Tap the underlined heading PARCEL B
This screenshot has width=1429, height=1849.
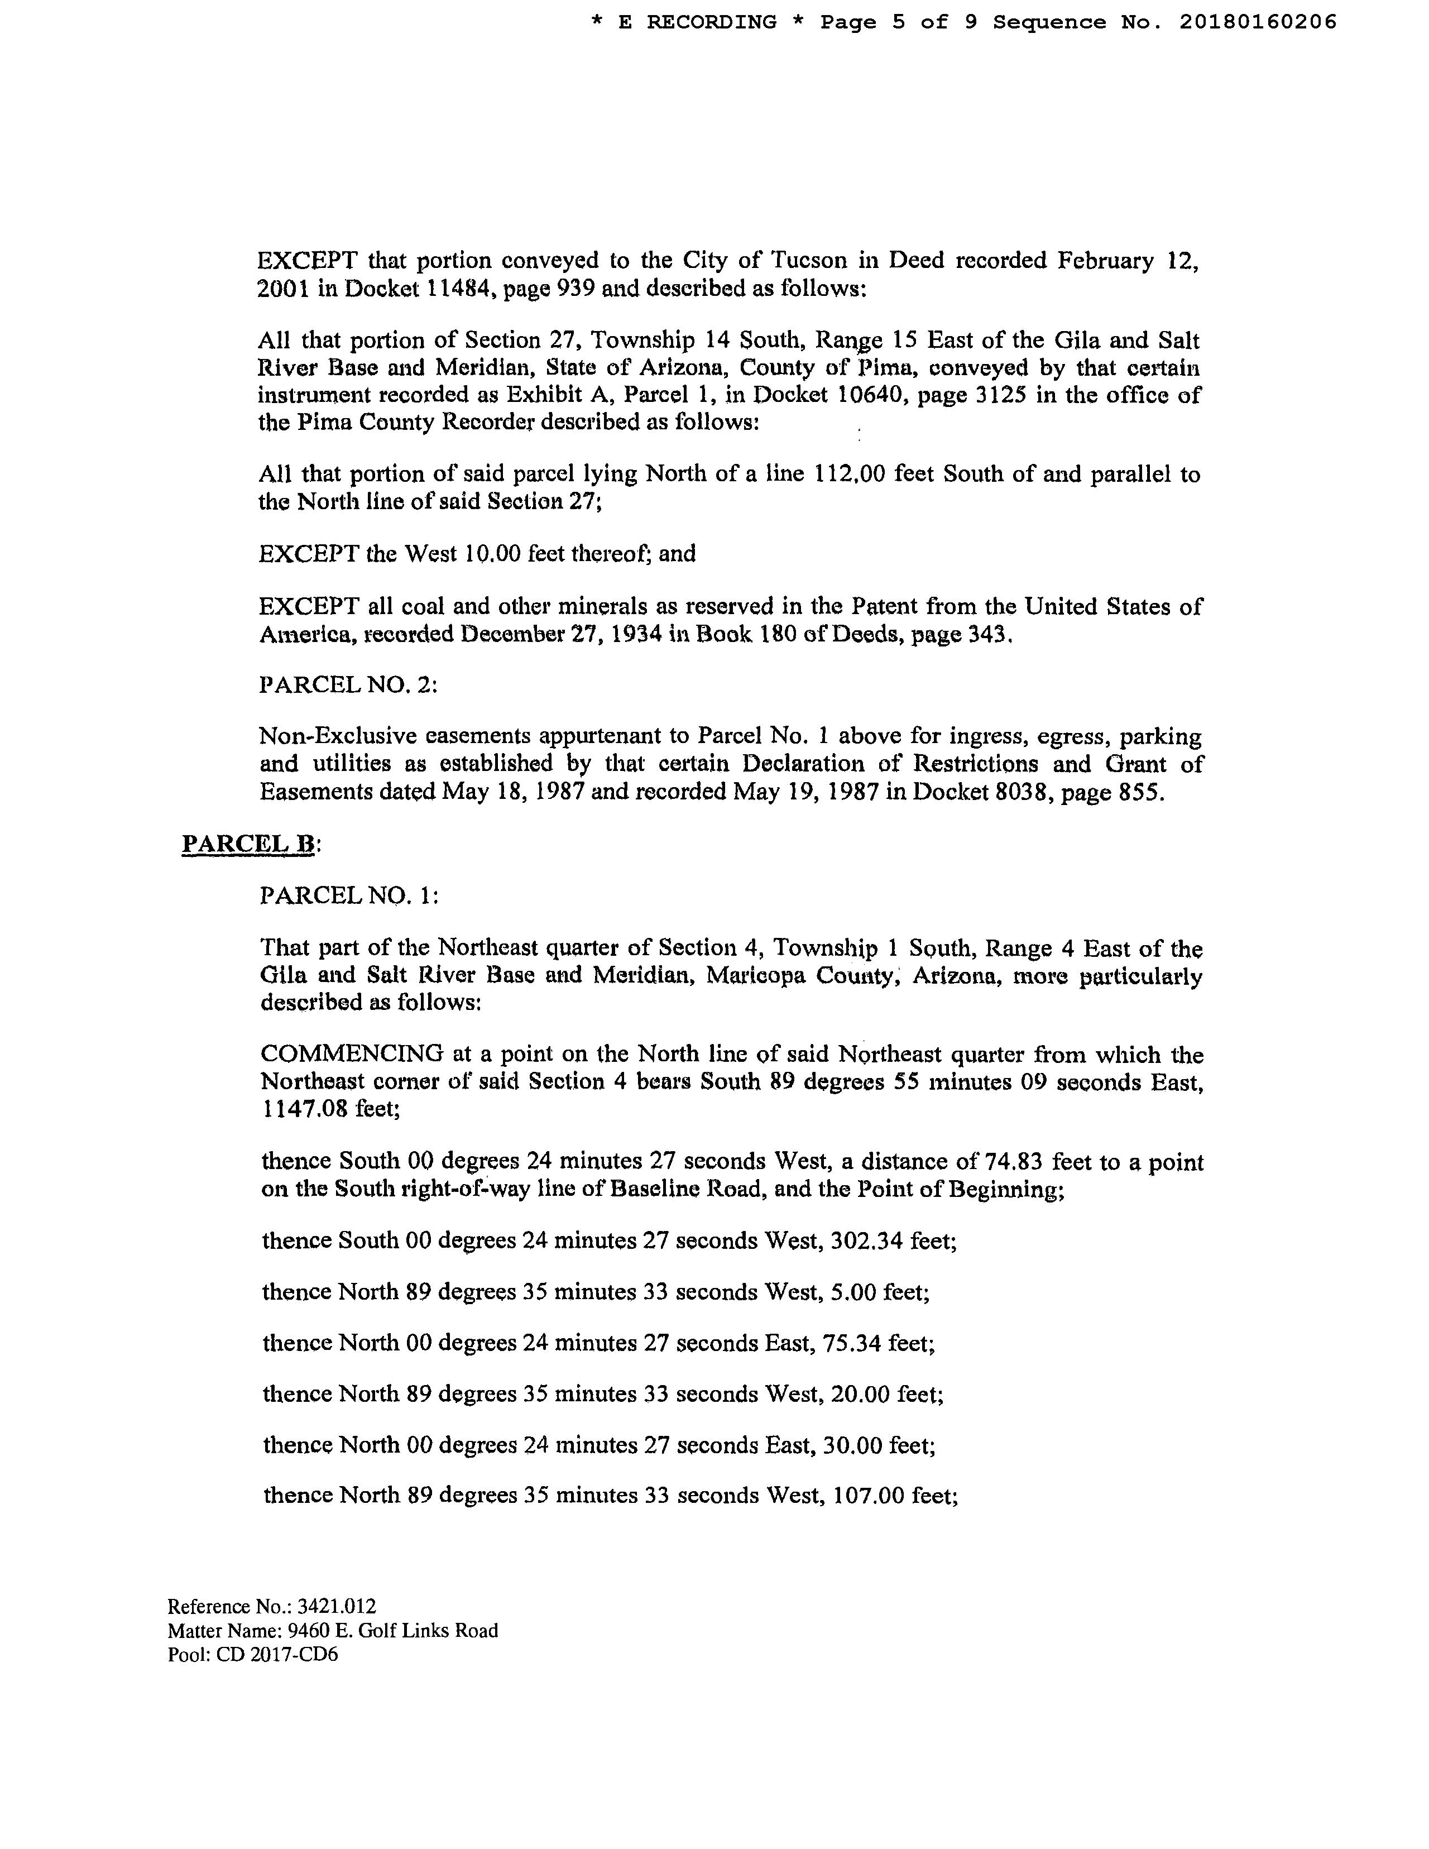[248, 844]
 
